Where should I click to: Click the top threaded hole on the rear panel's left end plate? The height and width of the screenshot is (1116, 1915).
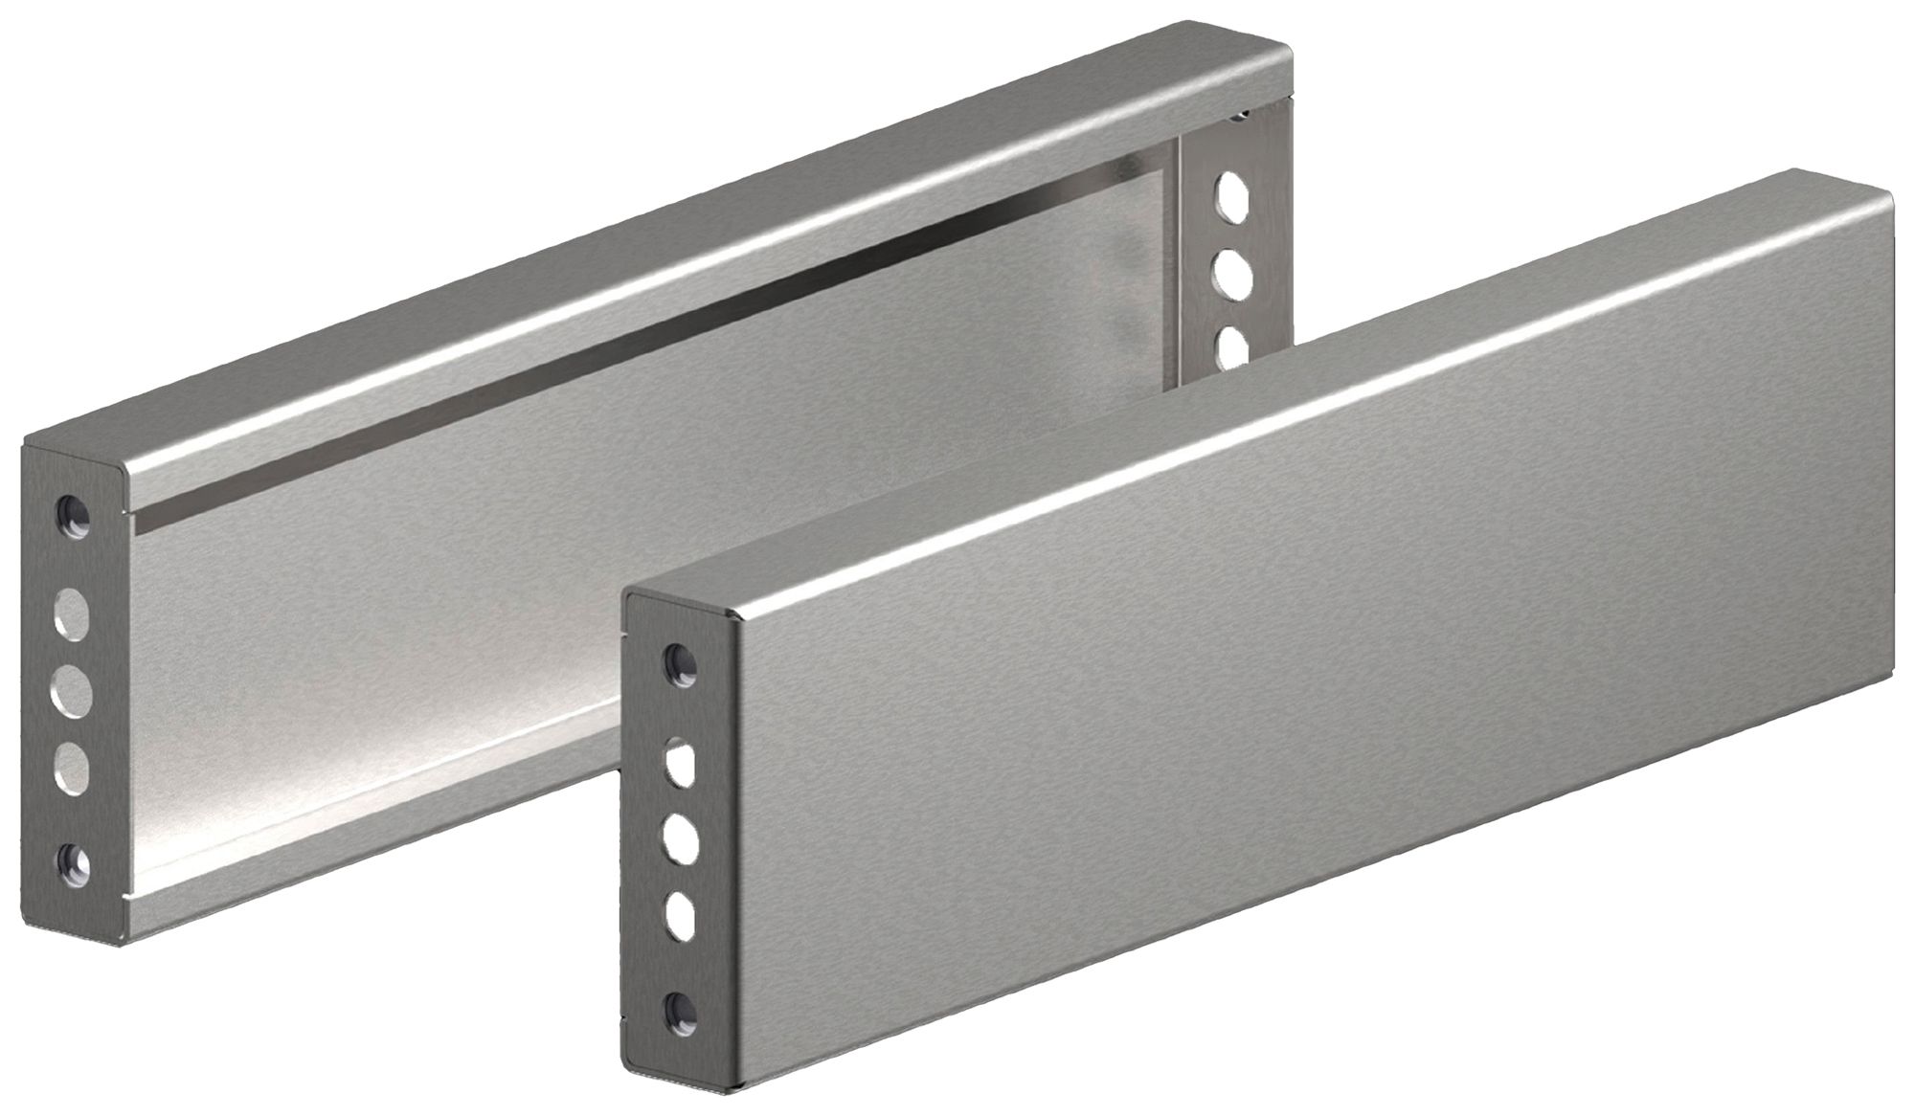tap(73, 514)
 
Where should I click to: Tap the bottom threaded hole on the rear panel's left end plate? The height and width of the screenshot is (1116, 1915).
tap(73, 863)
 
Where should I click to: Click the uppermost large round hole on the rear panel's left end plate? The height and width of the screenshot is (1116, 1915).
tap(69, 611)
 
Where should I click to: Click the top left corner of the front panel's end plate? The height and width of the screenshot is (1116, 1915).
tap(628, 591)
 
